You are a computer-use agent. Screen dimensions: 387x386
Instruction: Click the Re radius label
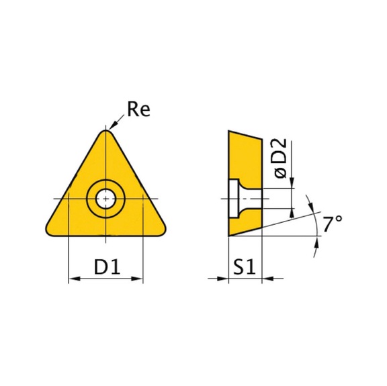pos(138,109)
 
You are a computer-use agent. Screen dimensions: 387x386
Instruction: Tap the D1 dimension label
pos(107,267)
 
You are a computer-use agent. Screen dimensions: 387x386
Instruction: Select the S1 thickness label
pos(245,267)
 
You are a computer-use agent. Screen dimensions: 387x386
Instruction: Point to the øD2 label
pos(281,158)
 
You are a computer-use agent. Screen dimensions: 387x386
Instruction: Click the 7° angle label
pos(333,224)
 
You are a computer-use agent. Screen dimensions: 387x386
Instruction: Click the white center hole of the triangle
pos(106,199)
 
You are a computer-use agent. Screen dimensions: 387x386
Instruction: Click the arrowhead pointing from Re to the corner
pos(112,126)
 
